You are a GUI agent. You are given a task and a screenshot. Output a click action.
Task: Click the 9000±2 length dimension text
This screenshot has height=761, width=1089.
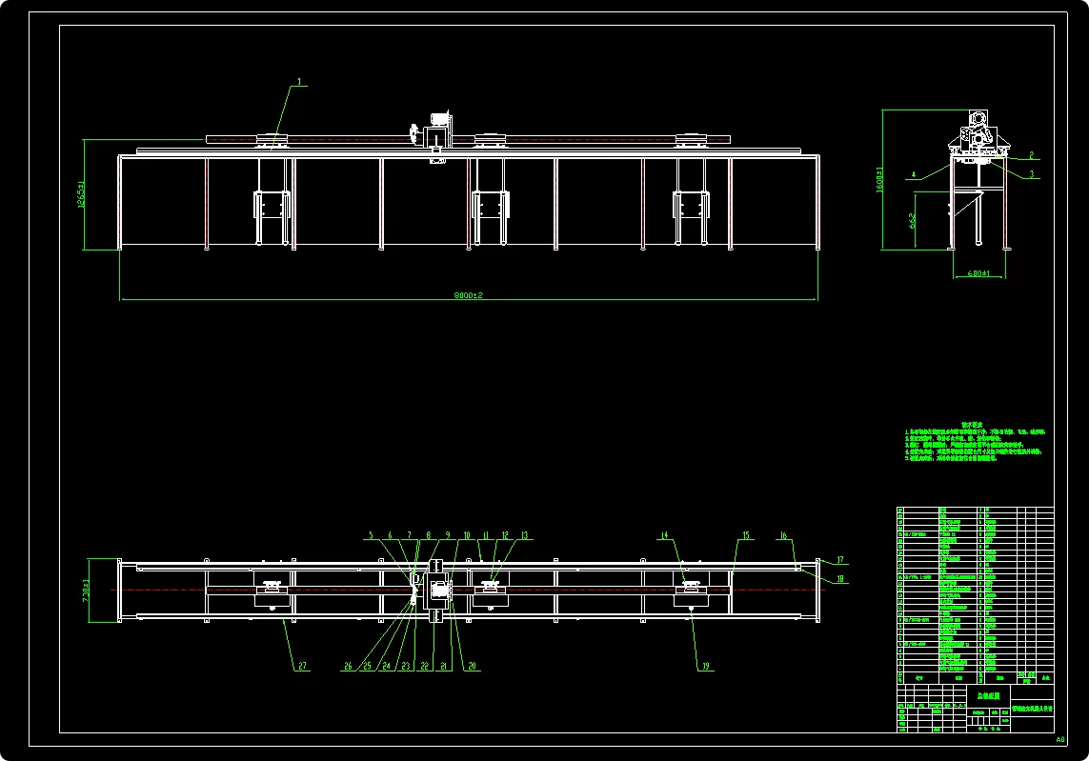[469, 295]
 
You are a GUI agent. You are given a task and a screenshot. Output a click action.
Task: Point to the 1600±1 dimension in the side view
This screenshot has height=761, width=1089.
[879, 179]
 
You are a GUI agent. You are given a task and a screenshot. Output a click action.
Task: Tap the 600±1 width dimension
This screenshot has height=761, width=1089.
[978, 274]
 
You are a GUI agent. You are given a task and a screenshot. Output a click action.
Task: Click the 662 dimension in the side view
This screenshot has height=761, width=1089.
[912, 221]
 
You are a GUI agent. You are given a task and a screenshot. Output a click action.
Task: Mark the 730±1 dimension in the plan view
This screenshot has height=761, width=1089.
[87, 590]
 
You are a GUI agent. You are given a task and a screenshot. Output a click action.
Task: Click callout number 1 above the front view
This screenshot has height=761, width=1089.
[299, 83]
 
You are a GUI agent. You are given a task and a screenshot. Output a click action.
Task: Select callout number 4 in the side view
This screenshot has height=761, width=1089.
[913, 175]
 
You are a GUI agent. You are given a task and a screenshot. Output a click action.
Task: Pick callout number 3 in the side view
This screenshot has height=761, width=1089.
[1031, 175]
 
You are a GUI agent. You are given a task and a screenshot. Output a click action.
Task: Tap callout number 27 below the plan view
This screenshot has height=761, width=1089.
[302, 667]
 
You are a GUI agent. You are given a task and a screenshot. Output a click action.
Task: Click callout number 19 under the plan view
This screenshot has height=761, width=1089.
[706, 667]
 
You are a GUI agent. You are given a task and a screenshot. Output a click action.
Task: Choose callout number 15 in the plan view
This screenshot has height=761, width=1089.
[746, 536]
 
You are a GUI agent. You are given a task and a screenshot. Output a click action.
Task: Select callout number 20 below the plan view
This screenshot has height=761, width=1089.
[472, 667]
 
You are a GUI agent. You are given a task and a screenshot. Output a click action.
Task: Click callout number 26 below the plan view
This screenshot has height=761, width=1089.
[348, 667]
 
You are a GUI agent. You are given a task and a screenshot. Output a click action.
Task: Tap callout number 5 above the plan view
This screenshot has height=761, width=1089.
[371, 535]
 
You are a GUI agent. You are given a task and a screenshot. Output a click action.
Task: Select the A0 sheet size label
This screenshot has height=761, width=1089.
[1060, 738]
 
